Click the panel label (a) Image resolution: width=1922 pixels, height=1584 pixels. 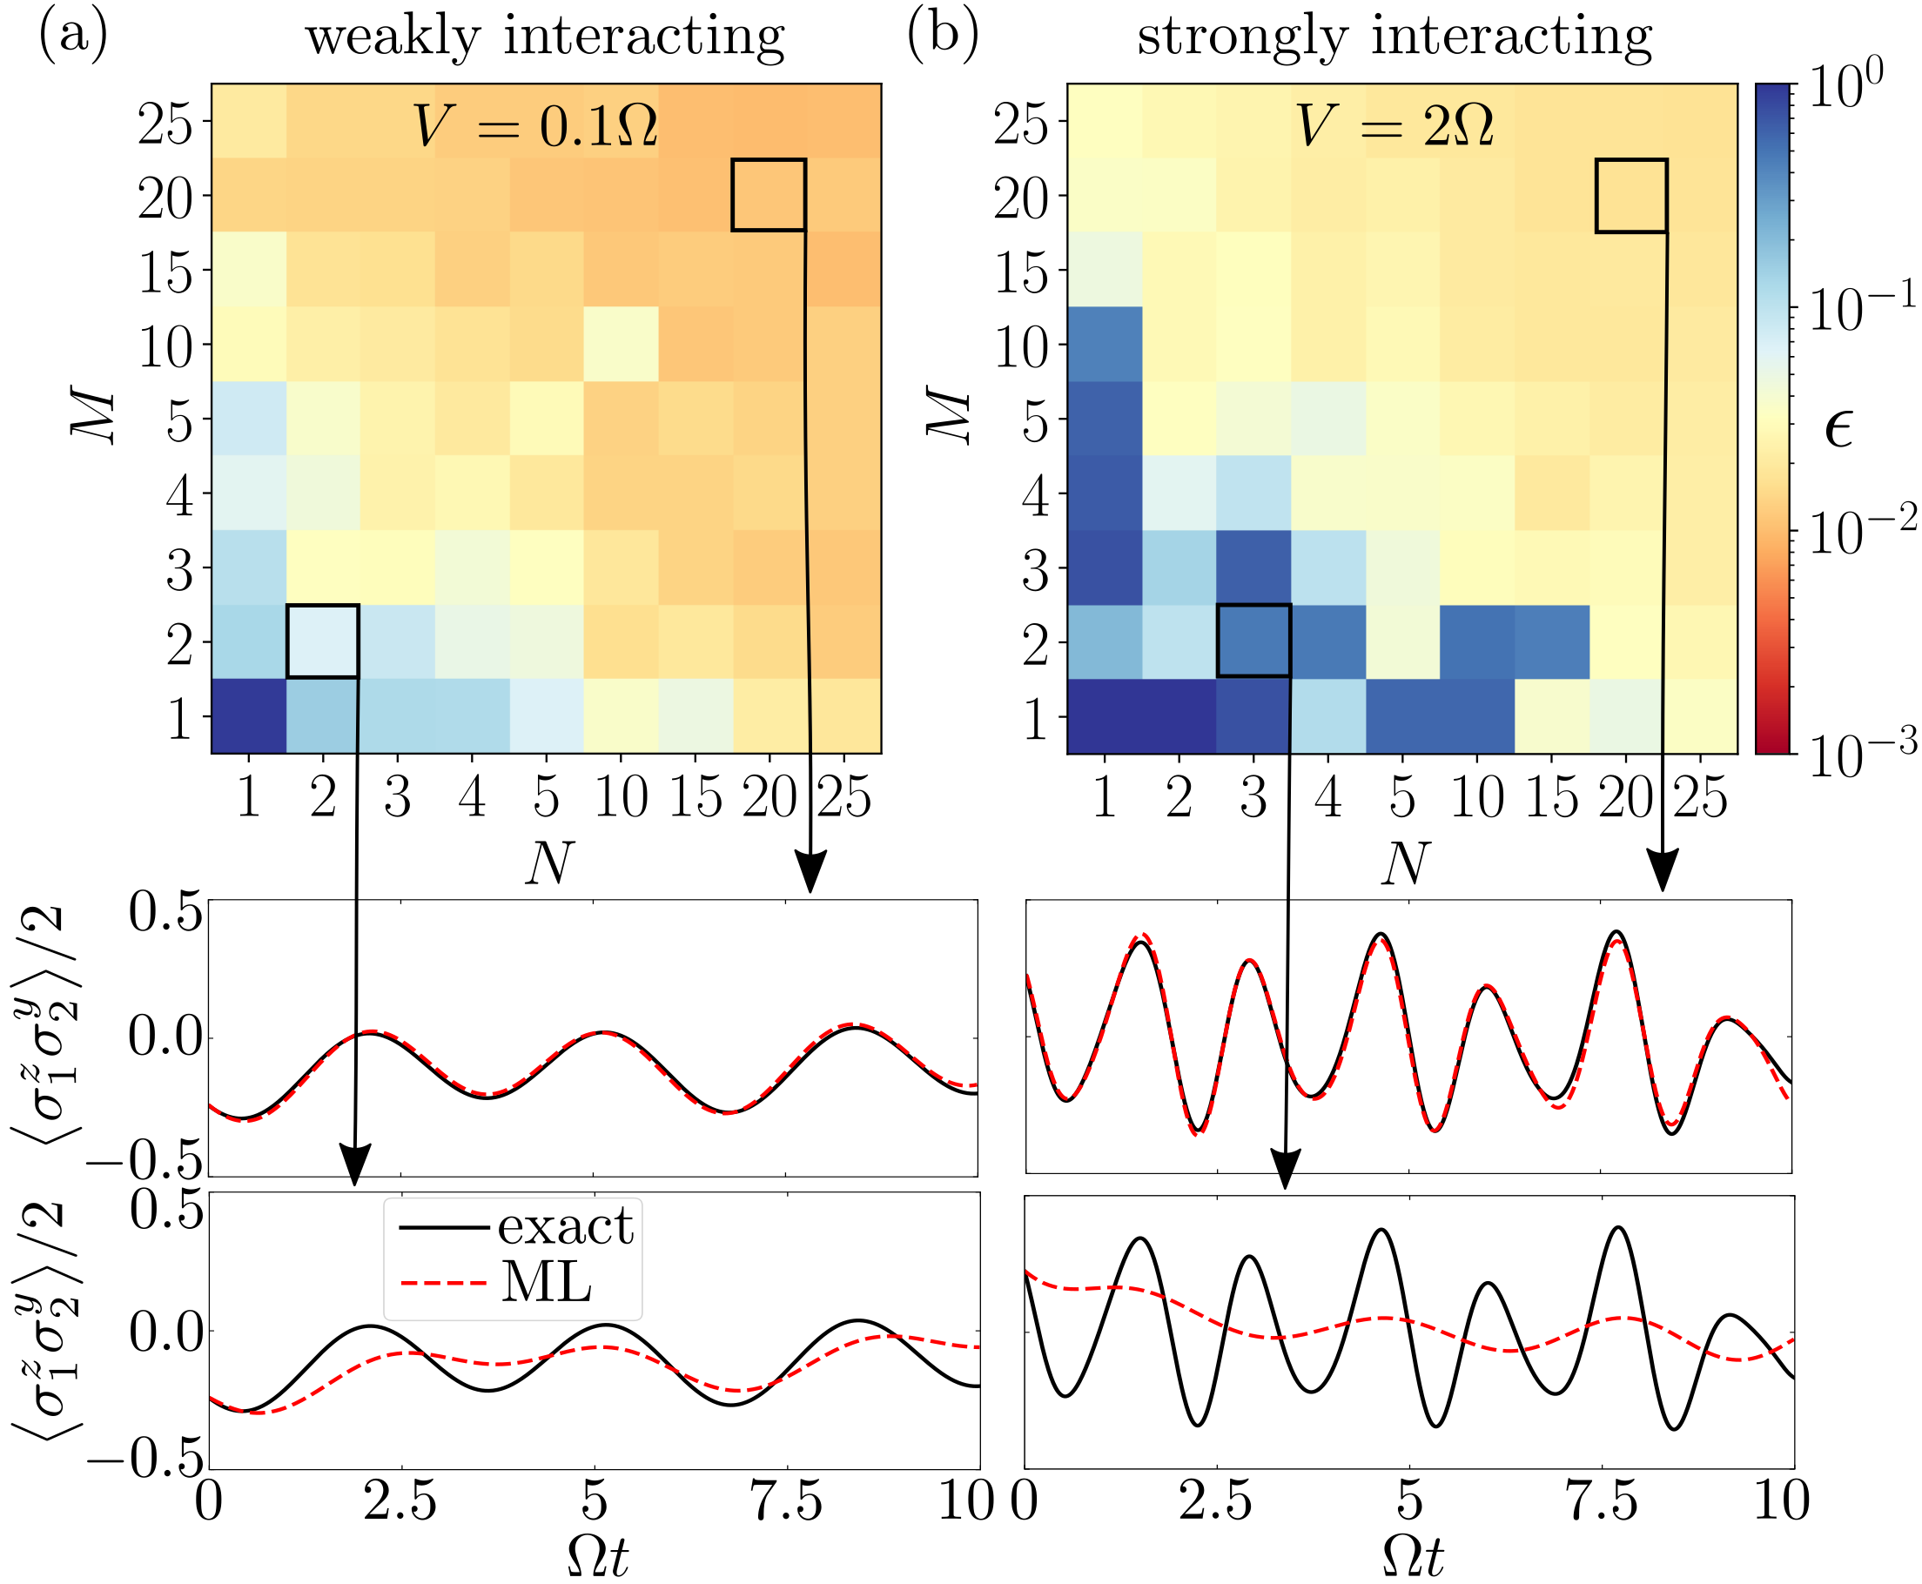coord(73,37)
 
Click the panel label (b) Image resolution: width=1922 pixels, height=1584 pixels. coord(943,37)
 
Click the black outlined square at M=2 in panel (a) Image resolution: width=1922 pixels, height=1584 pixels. coord(323,641)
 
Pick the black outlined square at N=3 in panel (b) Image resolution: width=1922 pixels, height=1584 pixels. coord(1254,641)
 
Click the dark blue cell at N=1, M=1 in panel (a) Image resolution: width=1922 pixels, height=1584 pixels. coord(249,716)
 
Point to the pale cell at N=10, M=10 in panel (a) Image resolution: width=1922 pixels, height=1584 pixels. coord(621,344)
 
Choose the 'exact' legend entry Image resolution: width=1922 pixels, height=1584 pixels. coord(565,1226)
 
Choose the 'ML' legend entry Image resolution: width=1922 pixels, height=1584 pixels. coord(547,1282)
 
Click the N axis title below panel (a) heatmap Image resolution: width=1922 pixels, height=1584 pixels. coord(548,862)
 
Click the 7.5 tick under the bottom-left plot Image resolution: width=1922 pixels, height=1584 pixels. coord(787,1501)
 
